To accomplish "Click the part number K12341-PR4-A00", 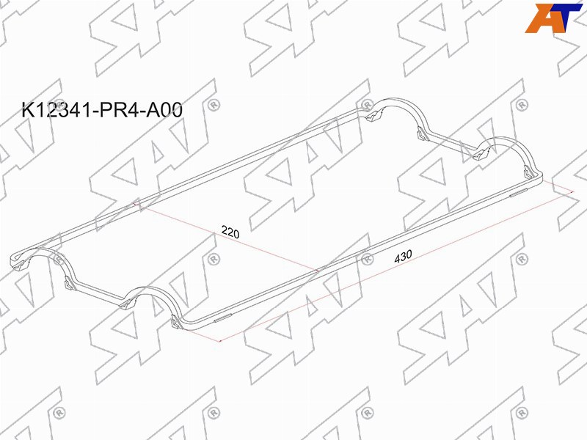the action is (x=102, y=109).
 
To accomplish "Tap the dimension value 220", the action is (x=230, y=232).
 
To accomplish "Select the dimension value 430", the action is (x=403, y=256).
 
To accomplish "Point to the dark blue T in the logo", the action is (x=566, y=17).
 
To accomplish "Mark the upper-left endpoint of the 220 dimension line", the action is (x=134, y=204).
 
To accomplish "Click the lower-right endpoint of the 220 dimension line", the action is (x=318, y=270).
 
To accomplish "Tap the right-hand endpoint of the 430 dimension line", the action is (x=572, y=192).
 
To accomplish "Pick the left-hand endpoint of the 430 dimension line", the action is (x=221, y=341).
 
